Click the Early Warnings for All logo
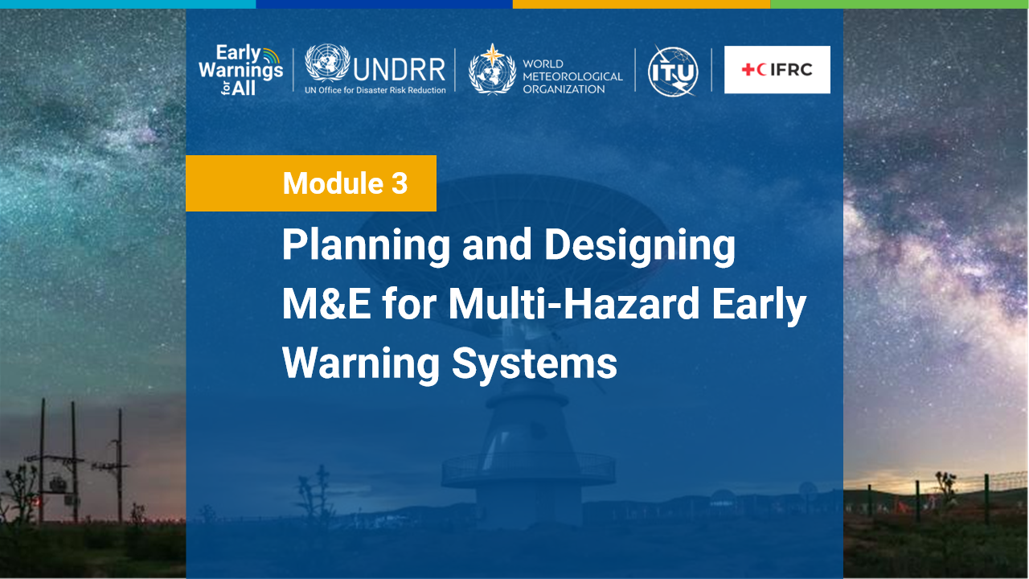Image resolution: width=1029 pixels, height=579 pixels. click(x=240, y=70)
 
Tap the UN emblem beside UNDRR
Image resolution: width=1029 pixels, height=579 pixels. click(x=327, y=63)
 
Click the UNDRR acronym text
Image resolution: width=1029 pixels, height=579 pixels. click(x=400, y=69)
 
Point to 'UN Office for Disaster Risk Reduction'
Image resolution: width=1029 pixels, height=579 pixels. click(x=375, y=90)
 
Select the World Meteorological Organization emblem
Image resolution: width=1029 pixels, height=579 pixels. click(x=492, y=70)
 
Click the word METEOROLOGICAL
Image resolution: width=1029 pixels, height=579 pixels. click(x=572, y=76)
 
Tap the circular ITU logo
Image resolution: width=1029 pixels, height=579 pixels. click(x=673, y=72)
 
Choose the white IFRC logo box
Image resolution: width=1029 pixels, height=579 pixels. click(x=777, y=69)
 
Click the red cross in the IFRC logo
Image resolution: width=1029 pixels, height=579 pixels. click(x=748, y=69)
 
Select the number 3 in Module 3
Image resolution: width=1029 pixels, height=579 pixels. click(x=400, y=183)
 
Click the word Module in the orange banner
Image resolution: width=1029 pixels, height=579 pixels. click(x=333, y=183)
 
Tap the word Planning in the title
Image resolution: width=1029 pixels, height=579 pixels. click(x=366, y=246)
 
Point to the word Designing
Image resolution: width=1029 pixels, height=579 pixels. click(x=640, y=246)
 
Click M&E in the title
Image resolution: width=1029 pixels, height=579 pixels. click(x=326, y=303)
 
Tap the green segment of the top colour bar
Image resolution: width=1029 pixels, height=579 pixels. click(x=900, y=4)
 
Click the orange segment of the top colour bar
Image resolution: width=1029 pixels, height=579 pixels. click(x=642, y=4)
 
